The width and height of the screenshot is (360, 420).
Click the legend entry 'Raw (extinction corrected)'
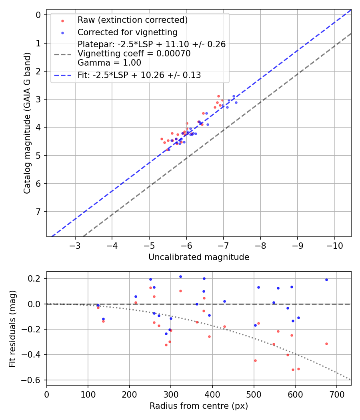[132, 20]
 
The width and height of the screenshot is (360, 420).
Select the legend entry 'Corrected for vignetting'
[127, 32]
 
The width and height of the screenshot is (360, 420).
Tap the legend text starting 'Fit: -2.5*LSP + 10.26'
[139, 75]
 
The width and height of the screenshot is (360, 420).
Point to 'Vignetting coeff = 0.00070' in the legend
[134, 53]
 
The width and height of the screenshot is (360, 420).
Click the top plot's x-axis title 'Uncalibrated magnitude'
[199, 257]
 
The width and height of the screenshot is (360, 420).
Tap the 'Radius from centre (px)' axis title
[199, 406]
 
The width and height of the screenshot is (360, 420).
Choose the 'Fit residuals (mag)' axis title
[12, 328]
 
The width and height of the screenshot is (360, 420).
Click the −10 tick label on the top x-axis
[335, 245]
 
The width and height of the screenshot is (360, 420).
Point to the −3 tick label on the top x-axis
[75, 245]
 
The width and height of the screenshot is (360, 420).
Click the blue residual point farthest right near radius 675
[326, 280]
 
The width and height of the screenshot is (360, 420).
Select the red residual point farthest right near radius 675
[326, 344]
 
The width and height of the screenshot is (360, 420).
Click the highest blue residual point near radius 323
[180, 276]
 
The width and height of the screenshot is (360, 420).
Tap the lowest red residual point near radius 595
[293, 370]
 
